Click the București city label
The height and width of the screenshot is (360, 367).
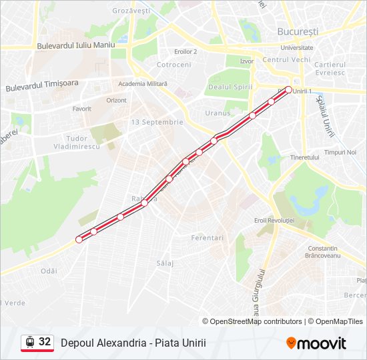298,31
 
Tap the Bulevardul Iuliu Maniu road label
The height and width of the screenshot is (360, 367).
77,45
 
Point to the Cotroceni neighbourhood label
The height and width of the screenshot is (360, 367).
173,65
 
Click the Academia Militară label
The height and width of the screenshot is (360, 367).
143,83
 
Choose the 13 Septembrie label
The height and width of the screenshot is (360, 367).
157,122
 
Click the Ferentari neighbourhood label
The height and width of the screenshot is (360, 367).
207,237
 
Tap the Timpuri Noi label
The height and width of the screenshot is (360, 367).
340,152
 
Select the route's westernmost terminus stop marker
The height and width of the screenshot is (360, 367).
79,239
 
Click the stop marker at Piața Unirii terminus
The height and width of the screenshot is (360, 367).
288,89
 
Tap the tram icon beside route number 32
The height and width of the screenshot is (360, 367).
29,342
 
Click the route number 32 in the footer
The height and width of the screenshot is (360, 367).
45,342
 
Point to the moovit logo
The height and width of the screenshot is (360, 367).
316,343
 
